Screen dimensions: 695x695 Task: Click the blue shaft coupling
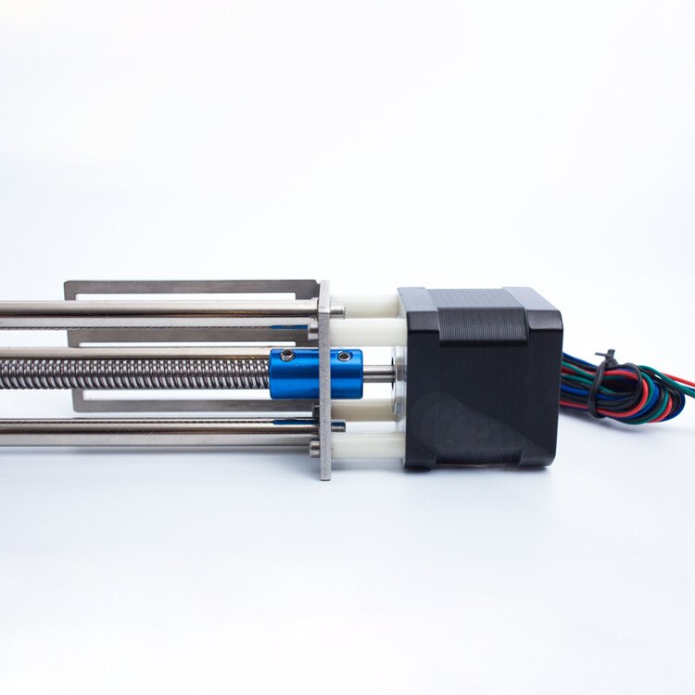[315, 373]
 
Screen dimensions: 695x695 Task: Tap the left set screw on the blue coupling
[288, 357]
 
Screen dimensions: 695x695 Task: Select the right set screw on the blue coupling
[345, 356]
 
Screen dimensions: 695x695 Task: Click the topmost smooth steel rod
[158, 309]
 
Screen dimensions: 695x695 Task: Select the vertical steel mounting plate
[325, 380]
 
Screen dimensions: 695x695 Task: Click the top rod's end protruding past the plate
[337, 310]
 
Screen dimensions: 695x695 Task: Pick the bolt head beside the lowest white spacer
[315, 447]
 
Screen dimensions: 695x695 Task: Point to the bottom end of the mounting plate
[325, 473]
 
